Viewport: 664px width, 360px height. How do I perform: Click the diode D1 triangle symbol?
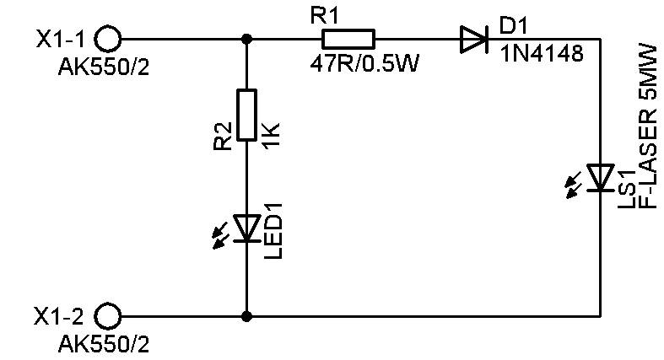[474, 40]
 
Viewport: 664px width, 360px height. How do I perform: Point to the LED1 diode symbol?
[247, 228]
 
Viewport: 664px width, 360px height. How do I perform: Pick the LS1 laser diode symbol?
[600, 178]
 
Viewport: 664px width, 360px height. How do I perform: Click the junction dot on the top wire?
[246, 40]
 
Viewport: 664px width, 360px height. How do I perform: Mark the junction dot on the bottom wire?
[246, 316]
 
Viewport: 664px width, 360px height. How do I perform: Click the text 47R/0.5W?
[364, 64]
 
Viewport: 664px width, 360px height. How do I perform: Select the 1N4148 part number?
[542, 54]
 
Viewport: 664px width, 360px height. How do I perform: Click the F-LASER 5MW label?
[648, 126]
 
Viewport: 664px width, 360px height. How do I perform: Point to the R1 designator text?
[325, 17]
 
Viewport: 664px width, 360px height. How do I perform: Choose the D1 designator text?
[514, 26]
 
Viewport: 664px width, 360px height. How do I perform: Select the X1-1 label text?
[60, 40]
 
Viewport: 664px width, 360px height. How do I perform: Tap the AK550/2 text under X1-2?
[104, 344]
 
